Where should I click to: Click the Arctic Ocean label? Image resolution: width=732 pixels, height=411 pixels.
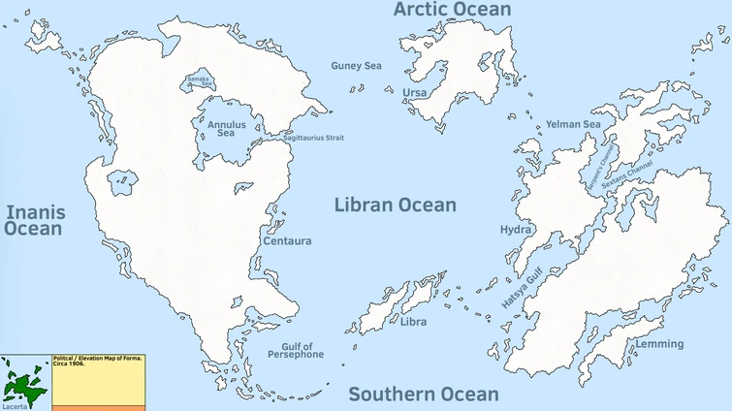(x=451, y=10)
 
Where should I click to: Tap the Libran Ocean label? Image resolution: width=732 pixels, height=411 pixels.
(x=395, y=205)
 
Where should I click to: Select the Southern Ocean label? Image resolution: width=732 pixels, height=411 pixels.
(x=424, y=394)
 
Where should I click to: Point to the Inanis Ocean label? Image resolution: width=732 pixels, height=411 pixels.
(x=33, y=220)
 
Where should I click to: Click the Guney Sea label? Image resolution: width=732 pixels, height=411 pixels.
(x=356, y=66)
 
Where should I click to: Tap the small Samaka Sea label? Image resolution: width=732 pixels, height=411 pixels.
(x=198, y=79)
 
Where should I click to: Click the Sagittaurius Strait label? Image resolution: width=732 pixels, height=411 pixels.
(x=313, y=138)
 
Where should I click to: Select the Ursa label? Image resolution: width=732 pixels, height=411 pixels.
(x=414, y=93)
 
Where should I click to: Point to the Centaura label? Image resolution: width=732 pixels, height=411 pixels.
(x=287, y=240)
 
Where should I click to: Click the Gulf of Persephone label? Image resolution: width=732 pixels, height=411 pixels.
(x=297, y=351)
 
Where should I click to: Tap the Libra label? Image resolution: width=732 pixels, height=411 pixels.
(x=414, y=322)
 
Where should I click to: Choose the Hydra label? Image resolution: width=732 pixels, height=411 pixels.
(x=515, y=230)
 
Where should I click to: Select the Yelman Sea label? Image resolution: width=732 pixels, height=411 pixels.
(x=573, y=124)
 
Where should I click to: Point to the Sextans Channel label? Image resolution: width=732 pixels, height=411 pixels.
(x=627, y=175)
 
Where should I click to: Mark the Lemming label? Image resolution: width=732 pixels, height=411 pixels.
(x=659, y=344)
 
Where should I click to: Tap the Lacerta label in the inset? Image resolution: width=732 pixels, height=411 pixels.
(x=15, y=406)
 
